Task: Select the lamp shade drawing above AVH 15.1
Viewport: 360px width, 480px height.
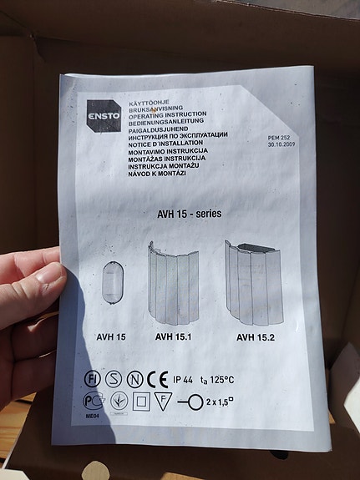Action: [173, 285]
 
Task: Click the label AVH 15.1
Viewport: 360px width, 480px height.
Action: [173, 338]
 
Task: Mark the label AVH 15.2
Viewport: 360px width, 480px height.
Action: [256, 338]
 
